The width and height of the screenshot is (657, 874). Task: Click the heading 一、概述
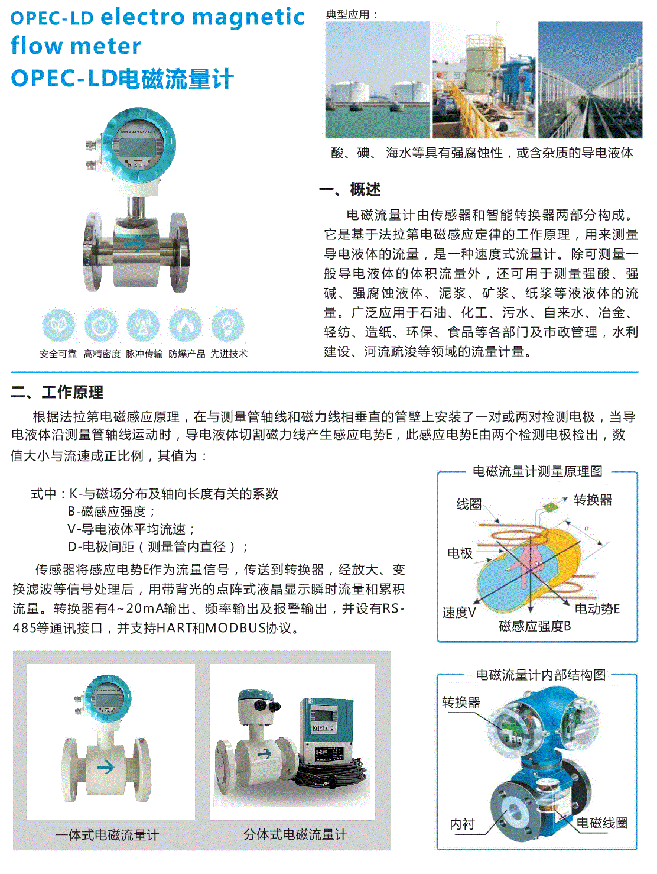point(350,190)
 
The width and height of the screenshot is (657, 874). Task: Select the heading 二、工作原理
point(57,392)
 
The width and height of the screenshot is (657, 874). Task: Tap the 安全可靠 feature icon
point(58,325)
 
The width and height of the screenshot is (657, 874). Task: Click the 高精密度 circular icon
point(101,325)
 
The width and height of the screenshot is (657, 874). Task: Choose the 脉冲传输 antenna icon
point(144,325)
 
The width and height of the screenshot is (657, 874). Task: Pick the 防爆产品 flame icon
point(186,325)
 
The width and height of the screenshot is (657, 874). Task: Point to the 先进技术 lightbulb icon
point(228,325)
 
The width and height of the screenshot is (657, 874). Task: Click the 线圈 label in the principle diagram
point(469,504)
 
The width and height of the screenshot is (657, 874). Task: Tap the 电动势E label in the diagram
point(597,608)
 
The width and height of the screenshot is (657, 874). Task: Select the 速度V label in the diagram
point(459,613)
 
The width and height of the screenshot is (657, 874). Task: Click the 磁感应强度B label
point(535,627)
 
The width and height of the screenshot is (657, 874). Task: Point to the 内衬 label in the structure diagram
point(462,824)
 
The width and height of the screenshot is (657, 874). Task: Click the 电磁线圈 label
point(601,823)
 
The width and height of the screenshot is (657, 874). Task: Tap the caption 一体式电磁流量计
point(107,835)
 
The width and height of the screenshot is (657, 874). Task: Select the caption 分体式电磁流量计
point(295,834)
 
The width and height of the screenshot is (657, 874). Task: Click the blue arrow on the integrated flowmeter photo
point(105,768)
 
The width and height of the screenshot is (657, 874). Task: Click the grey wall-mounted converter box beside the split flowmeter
point(327,730)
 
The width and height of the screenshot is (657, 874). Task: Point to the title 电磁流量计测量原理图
point(537,471)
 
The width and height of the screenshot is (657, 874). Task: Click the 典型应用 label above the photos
point(352,14)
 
